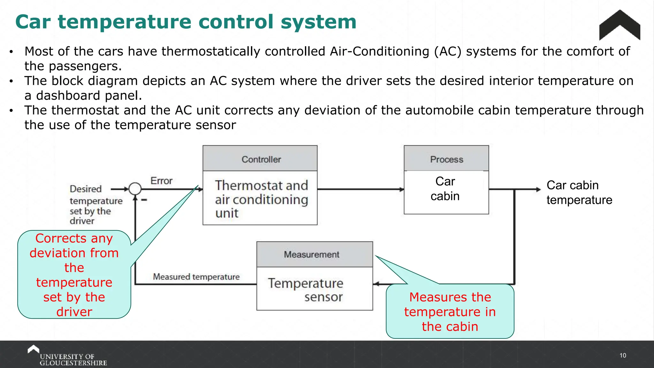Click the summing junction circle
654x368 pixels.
point(135,189)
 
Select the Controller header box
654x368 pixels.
point(260,159)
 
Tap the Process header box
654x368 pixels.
point(446,159)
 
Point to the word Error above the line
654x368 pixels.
point(161,181)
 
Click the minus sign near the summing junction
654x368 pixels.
point(144,200)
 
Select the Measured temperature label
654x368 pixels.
point(196,277)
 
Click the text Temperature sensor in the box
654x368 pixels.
point(306,290)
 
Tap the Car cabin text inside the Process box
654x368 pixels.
point(445,189)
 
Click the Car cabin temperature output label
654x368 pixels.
point(579,193)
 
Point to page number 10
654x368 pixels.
point(622,356)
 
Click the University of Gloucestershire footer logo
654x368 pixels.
point(67,356)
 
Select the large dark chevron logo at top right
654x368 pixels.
point(620,26)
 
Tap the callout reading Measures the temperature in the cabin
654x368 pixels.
point(450,311)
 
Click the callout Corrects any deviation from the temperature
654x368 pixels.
point(74,275)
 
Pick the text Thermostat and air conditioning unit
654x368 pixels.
point(261,199)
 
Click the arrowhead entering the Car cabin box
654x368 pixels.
point(402,189)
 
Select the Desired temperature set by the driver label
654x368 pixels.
point(95,204)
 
